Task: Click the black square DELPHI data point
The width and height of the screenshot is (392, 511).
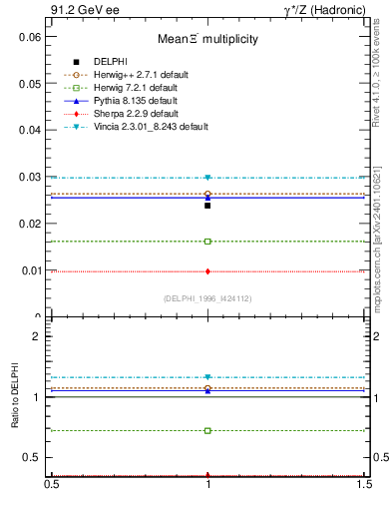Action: [x=207, y=206]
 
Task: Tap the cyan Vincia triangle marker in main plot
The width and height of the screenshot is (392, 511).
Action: [x=207, y=178]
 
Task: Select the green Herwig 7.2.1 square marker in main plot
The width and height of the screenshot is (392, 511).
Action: [x=207, y=242]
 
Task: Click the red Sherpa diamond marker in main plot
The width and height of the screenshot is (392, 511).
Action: [x=207, y=271]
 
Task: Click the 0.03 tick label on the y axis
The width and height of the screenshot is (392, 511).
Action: [x=32, y=178]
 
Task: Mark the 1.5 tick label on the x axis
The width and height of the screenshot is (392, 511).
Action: [x=365, y=484]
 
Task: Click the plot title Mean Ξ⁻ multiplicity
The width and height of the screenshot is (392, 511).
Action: [x=207, y=40]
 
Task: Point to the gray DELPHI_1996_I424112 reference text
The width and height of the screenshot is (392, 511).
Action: [x=207, y=298]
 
